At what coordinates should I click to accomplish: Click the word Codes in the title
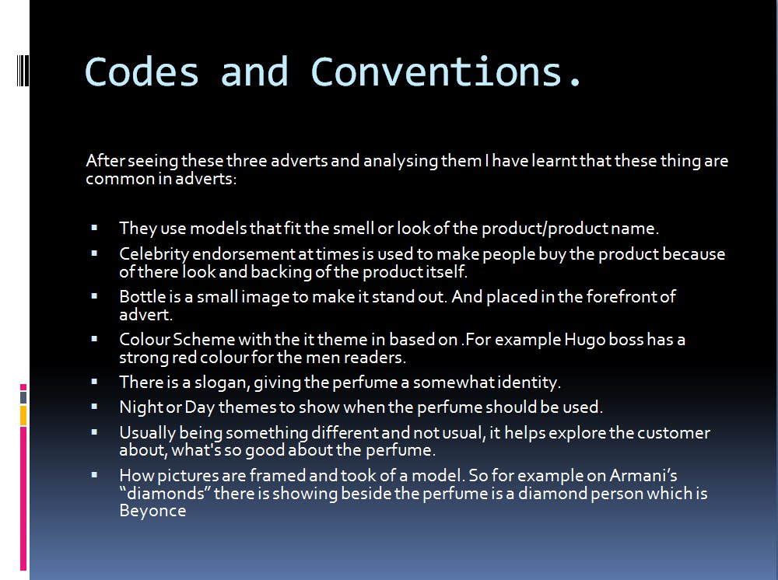[x=142, y=72]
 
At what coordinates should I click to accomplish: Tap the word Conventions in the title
[x=436, y=72]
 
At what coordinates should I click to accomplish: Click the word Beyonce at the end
[x=152, y=511]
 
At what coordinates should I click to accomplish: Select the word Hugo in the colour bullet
[x=584, y=340]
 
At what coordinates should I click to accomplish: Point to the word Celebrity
[x=154, y=254]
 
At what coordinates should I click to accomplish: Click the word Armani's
[x=643, y=475]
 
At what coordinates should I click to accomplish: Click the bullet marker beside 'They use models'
[x=94, y=228]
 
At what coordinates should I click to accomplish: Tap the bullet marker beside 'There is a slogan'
[x=94, y=382]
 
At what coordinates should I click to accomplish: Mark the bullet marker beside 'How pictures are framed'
[x=94, y=475]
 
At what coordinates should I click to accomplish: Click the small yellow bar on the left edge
[x=23, y=415]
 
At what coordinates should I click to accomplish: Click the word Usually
[x=147, y=433]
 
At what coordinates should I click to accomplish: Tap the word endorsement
[x=244, y=254]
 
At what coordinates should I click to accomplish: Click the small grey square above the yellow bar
[x=23, y=397]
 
